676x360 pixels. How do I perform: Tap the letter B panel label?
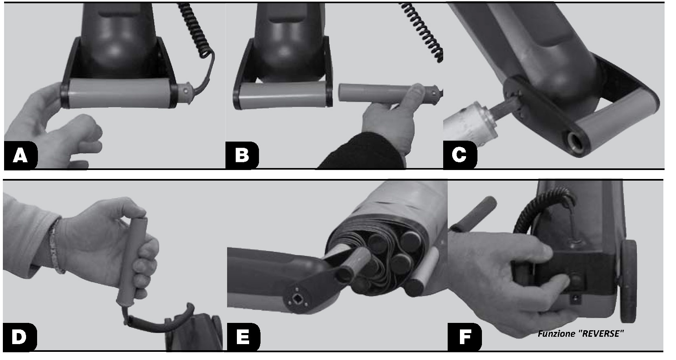242,155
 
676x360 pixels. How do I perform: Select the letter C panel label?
459,155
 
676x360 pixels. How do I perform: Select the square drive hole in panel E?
294,300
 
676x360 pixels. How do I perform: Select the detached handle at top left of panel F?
473,214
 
